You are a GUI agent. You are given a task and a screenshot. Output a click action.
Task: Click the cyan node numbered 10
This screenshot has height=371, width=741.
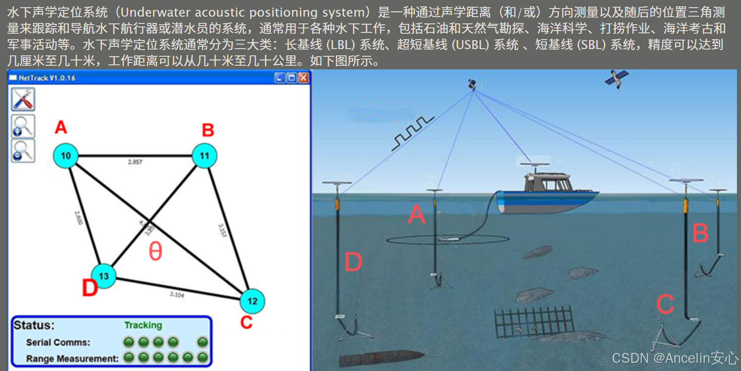66,156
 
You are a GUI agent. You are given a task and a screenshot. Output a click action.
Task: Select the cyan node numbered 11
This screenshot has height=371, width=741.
204,156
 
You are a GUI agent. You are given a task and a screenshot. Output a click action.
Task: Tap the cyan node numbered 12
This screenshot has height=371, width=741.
252,301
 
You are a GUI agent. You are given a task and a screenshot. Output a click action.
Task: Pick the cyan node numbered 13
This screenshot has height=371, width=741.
104,276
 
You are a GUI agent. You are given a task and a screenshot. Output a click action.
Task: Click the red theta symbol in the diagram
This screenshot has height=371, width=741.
156,251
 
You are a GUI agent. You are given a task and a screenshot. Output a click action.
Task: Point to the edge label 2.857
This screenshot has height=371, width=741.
135,162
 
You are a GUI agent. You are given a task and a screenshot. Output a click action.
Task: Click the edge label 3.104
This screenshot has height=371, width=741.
177,294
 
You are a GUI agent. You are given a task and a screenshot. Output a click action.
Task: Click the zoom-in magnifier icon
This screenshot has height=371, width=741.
23,126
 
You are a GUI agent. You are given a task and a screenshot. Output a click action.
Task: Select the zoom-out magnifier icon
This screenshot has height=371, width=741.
23,151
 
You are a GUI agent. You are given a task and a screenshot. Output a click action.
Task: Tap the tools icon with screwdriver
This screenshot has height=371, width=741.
23,100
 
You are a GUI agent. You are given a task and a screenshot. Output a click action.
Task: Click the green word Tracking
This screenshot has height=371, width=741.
143,325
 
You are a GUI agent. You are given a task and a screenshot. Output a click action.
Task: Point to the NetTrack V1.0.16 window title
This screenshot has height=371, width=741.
47,78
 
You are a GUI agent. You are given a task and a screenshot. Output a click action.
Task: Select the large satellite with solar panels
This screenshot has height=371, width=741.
616,78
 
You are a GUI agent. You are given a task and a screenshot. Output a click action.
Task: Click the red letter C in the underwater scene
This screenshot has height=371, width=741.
665,304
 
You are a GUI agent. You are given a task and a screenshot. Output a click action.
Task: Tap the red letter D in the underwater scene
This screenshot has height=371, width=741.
353,262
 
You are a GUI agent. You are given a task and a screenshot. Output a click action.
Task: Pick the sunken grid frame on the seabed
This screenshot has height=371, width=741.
534,321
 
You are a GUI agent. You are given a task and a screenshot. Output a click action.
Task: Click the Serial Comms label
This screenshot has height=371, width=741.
58,343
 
